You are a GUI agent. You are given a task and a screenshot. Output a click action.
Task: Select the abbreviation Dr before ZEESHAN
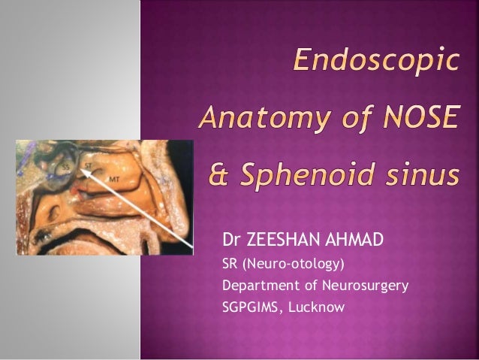point(231,241)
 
